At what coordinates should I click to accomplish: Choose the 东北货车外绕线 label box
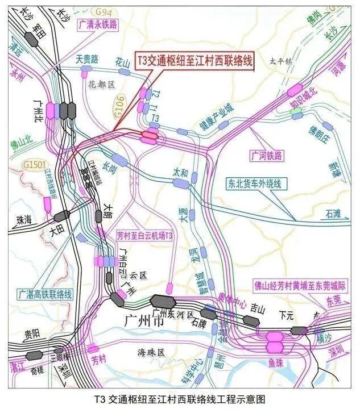(250, 183)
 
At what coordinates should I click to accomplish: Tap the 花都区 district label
(101, 84)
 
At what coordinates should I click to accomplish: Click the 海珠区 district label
(152, 353)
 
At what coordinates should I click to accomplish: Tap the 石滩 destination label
(333, 214)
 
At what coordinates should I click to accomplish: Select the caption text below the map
(180, 399)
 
